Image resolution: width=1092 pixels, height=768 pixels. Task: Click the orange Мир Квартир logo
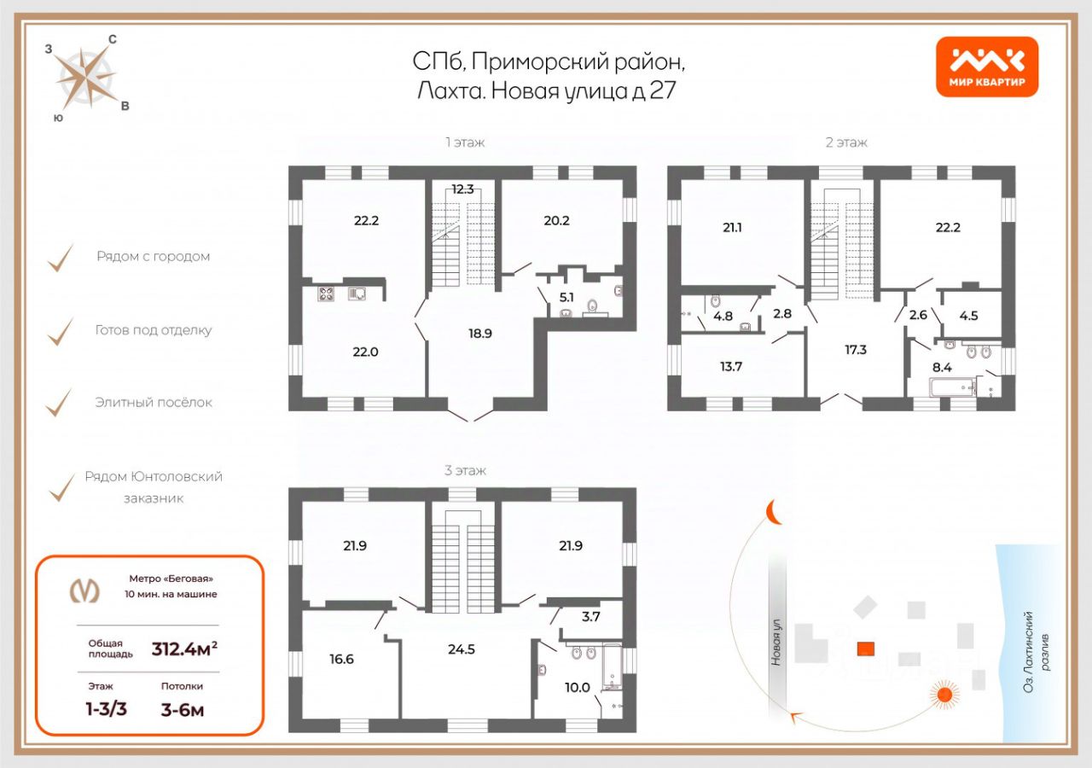(987, 67)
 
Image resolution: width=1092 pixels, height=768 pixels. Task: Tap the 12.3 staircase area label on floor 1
(462, 189)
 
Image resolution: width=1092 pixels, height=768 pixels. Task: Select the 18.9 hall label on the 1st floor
(480, 334)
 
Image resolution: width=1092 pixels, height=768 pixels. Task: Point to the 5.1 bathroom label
(566, 298)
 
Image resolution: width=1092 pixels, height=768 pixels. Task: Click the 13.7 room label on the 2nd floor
(731, 367)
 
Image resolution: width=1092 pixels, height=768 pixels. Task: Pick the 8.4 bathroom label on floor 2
(942, 368)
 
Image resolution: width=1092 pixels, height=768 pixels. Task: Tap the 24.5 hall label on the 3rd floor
(462, 649)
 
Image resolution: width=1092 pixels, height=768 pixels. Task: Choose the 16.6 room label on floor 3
(341, 660)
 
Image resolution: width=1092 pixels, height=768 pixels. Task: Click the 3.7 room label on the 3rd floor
(591, 617)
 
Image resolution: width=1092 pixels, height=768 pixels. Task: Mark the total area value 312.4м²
(184, 649)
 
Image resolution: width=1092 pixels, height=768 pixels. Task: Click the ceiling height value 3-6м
(183, 710)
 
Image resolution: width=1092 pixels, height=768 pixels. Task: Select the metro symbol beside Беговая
(84, 591)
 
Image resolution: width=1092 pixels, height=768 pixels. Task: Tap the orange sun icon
(944, 694)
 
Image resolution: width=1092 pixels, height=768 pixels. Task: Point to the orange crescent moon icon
(772, 513)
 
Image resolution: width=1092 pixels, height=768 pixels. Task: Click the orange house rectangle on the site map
(866, 649)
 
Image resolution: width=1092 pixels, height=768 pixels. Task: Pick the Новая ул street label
(776, 643)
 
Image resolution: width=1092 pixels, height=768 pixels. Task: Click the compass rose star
(87, 77)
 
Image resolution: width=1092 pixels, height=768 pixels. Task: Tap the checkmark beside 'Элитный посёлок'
(60, 403)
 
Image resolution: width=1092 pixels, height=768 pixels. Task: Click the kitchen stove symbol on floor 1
(326, 294)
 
